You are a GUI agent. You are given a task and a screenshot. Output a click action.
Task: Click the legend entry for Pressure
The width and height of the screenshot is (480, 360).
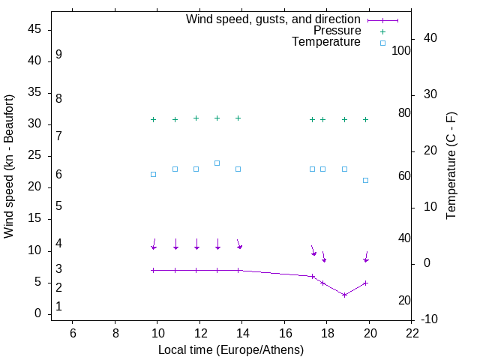tap(337, 31)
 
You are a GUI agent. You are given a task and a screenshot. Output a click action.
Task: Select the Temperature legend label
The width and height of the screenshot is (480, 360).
tap(326, 42)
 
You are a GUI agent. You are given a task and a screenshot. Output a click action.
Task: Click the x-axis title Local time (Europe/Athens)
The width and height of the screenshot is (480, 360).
tap(231, 350)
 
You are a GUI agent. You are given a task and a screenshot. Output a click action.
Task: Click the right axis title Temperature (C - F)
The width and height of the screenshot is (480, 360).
tap(451, 166)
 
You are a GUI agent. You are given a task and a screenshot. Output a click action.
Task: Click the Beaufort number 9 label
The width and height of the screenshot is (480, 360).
tap(58, 55)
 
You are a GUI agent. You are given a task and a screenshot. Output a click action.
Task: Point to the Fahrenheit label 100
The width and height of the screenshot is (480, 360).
tap(402, 50)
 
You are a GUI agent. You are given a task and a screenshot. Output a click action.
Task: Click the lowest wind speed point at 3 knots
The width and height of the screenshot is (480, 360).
tap(344, 295)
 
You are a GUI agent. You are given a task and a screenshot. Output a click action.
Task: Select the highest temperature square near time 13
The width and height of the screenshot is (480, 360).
tap(217, 163)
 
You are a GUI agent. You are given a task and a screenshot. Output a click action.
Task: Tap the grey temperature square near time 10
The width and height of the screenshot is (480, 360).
tap(153, 174)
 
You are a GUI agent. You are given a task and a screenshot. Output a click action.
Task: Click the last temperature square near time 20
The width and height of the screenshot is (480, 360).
tap(365, 180)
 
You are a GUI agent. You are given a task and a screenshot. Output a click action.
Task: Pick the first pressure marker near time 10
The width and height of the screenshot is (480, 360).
tap(153, 120)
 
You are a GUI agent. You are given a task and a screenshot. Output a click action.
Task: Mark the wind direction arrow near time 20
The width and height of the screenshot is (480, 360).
tap(366, 256)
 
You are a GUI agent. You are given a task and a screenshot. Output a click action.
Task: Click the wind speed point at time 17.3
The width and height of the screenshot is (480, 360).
tap(313, 276)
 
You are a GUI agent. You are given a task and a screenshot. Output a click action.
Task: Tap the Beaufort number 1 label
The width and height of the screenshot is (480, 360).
tap(58, 307)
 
